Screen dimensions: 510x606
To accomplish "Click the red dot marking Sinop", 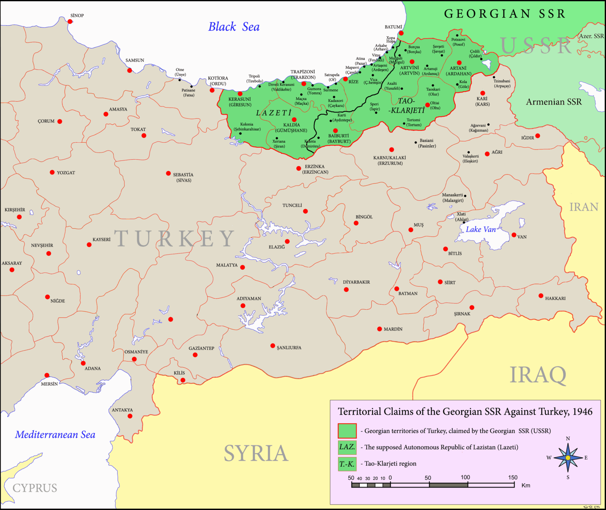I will (x=70, y=21).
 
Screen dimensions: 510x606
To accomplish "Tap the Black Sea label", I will (x=234, y=27).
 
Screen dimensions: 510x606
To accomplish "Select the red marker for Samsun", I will (x=129, y=71).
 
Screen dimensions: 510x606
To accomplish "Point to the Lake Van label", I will (x=481, y=229).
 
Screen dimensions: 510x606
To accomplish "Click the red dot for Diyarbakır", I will (x=346, y=290).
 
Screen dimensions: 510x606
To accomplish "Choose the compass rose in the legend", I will (x=568, y=458).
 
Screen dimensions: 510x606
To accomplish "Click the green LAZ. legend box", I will (x=347, y=447).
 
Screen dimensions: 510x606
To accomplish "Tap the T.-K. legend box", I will (x=347, y=464).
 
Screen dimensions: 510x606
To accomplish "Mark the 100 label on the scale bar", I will (x=465, y=477).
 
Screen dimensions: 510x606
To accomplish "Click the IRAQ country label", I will (x=538, y=375).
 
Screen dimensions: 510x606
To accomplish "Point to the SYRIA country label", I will (x=256, y=453).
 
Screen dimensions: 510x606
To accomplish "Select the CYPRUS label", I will (x=35, y=488).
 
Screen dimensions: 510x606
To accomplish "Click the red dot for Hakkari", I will (x=541, y=296).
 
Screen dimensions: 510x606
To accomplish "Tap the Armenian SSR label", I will (x=554, y=102).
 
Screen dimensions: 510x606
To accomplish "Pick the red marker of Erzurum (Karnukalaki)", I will (x=391, y=150).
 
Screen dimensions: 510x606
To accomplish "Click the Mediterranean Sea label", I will (x=55, y=435).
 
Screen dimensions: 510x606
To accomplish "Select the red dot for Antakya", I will (x=130, y=416).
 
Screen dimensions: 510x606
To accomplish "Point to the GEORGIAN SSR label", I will (x=505, y=14).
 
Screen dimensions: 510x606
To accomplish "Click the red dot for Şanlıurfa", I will (x=273, y=346).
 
